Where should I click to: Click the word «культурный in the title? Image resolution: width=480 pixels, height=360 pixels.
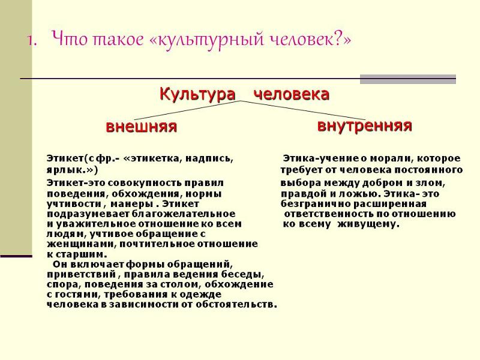click(193, 40)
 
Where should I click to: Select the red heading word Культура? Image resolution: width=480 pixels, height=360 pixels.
click(197, 95)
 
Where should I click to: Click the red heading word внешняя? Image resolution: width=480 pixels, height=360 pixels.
click(141, 127)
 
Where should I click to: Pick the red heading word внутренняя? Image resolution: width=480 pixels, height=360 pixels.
click(364, 125)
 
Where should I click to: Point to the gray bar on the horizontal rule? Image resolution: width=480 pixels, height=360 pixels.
click(407, 79)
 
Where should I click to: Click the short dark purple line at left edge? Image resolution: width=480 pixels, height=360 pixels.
click(16, 256)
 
